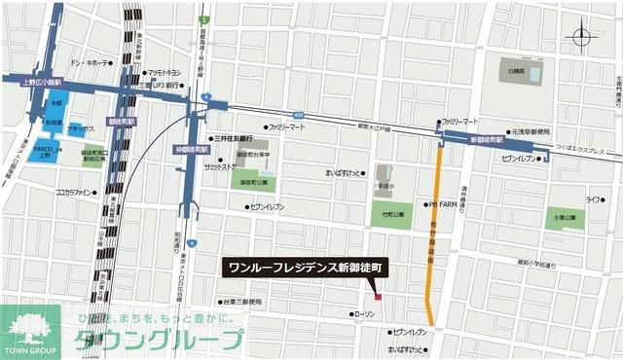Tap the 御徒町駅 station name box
coord(116,122)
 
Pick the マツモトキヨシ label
coord(163,73)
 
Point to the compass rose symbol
coord(582,39)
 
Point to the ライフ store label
coord(593,199)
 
